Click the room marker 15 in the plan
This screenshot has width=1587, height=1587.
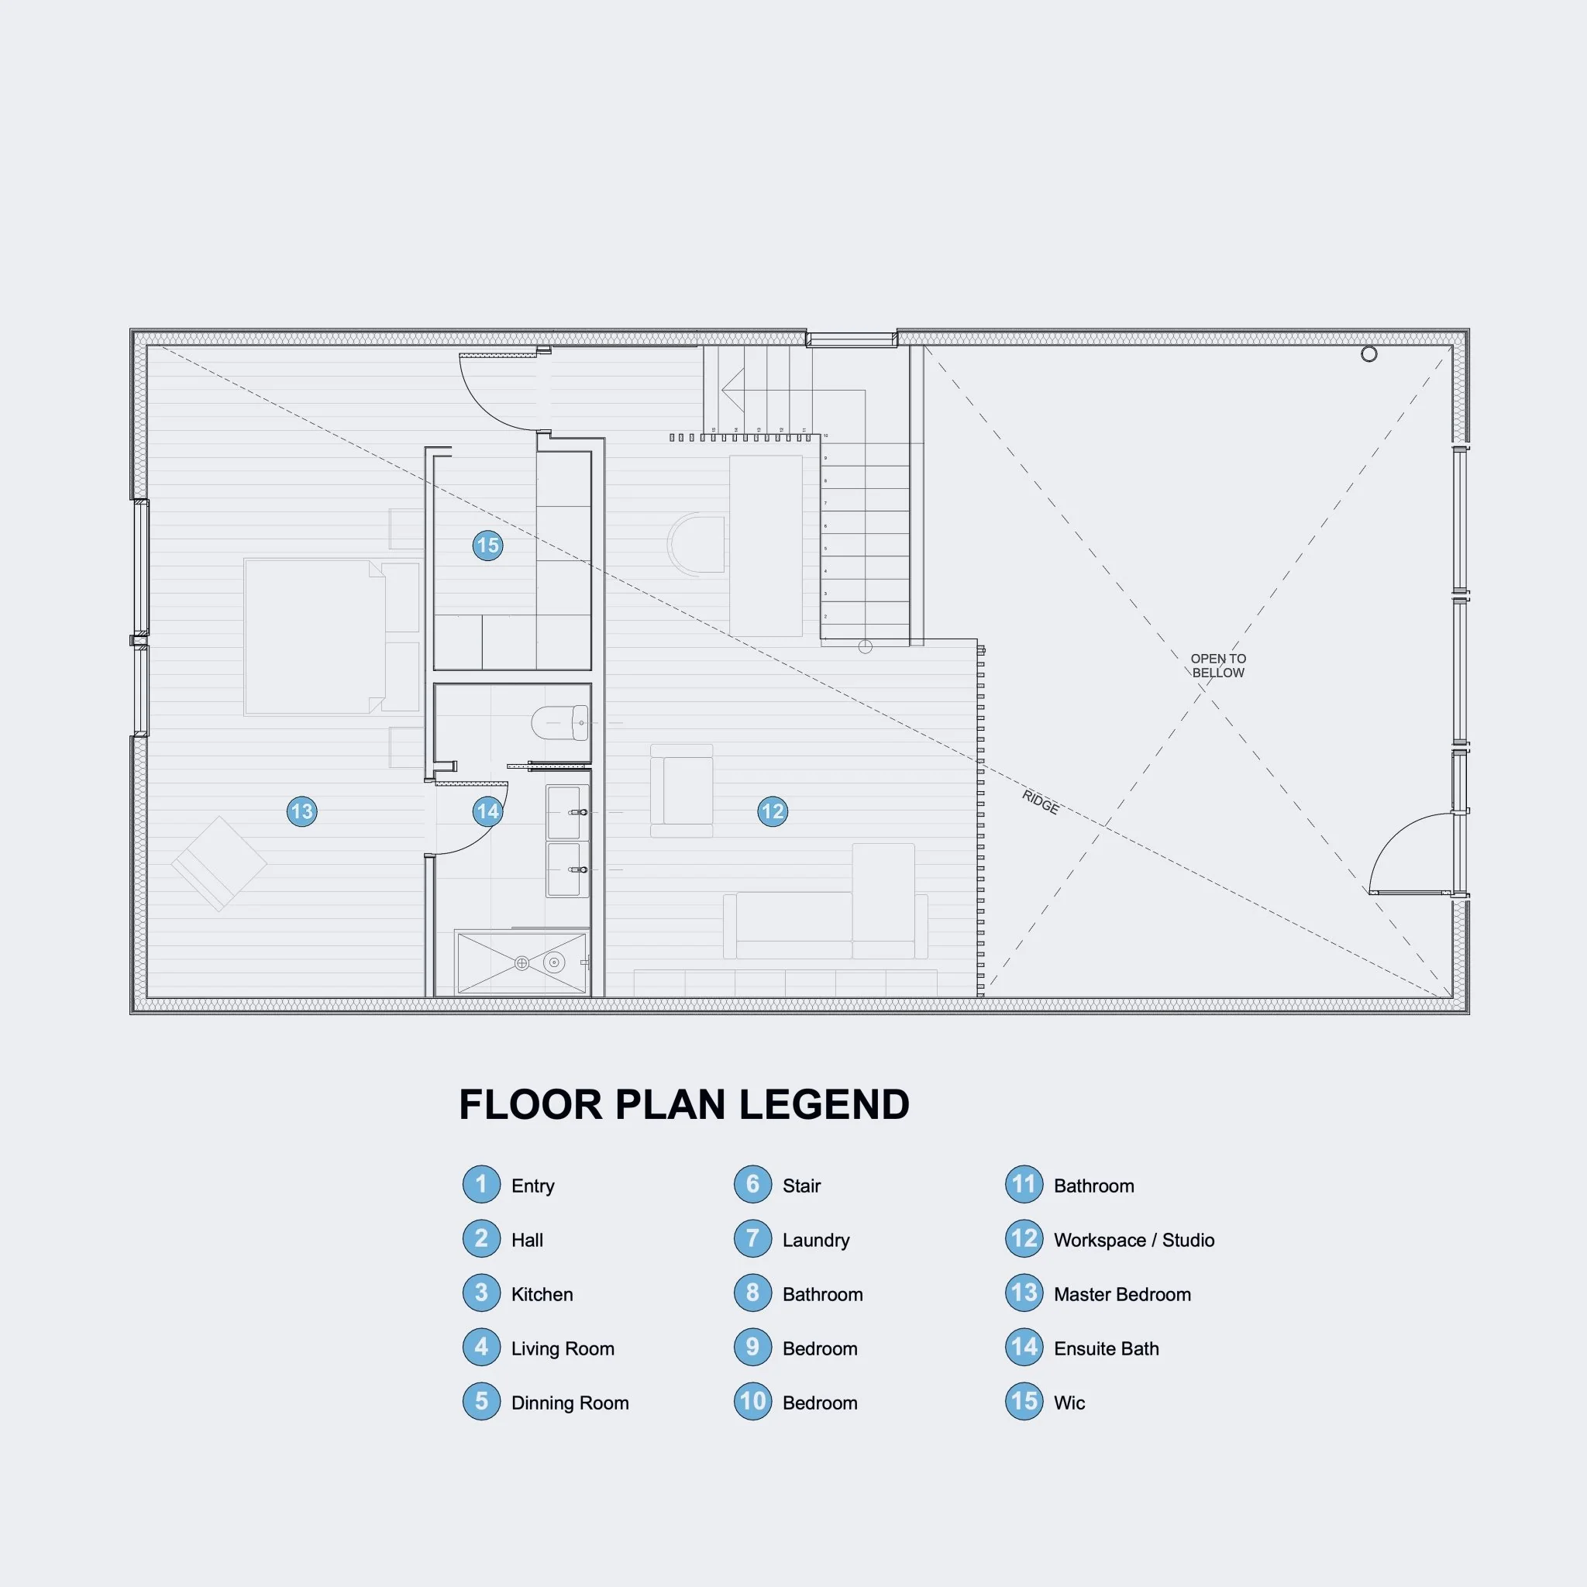tap(488, 546)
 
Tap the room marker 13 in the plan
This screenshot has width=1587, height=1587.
tap(302, 811)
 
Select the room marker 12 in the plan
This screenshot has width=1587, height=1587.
tap(772, 811)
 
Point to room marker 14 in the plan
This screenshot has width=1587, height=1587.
tap(488, 811)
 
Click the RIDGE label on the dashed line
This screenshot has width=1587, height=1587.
tap(1040, 802)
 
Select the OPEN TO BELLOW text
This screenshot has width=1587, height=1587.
tap(1218, 666)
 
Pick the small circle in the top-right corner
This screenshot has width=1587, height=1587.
tap(1368, 354)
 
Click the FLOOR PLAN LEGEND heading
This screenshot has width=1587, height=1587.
tap(684, 1105)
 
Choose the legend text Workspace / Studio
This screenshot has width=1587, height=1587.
tap(1134, 1241)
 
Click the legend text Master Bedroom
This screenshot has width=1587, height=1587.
tap(1122, 1295)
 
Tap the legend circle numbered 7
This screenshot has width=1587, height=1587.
tap(752, 1240)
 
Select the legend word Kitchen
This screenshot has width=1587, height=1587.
tap(542, 1295)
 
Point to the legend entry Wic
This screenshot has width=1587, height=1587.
tap(1069, 1403)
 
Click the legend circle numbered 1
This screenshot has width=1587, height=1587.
tap(481, 1185)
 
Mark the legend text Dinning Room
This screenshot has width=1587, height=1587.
tap(570, 1403)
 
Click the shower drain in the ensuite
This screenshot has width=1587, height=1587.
tap(522, 963)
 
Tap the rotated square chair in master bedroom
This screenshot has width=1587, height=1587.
tap(219, 863)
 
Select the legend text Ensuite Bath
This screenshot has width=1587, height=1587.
tap(1106, 1349)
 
